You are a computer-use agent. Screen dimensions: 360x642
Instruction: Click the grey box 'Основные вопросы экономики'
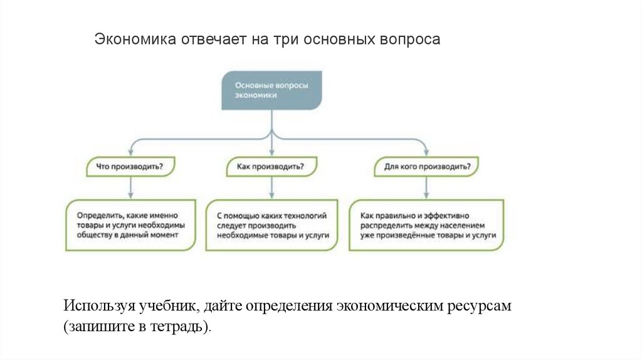(x=271, y=90)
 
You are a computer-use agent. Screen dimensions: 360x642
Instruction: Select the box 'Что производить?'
(x=130, y=167)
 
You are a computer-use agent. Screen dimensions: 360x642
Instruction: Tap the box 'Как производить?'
(x=271, y=167)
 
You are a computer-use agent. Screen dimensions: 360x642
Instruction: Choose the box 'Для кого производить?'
(x=426, y=167)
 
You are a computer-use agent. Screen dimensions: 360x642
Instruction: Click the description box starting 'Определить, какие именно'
(x=130, y=225)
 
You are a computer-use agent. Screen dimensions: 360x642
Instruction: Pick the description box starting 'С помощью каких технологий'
(x=271, y=225)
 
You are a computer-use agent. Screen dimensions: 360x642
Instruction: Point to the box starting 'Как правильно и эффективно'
(x=426, y=225)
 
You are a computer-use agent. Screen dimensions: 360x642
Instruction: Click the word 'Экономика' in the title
(x=135, y=40)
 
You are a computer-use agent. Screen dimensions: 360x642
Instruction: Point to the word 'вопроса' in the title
(x=410, y=40)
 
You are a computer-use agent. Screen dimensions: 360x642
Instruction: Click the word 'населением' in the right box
(x=463, y=225)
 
